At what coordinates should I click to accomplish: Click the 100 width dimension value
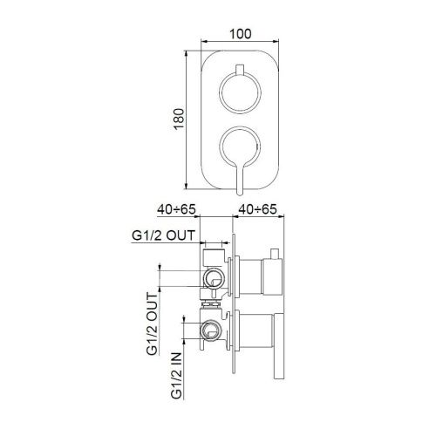pos(241,32)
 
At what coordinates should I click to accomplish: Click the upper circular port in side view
pos(211,278)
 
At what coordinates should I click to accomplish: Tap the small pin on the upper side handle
pos(275,254)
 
